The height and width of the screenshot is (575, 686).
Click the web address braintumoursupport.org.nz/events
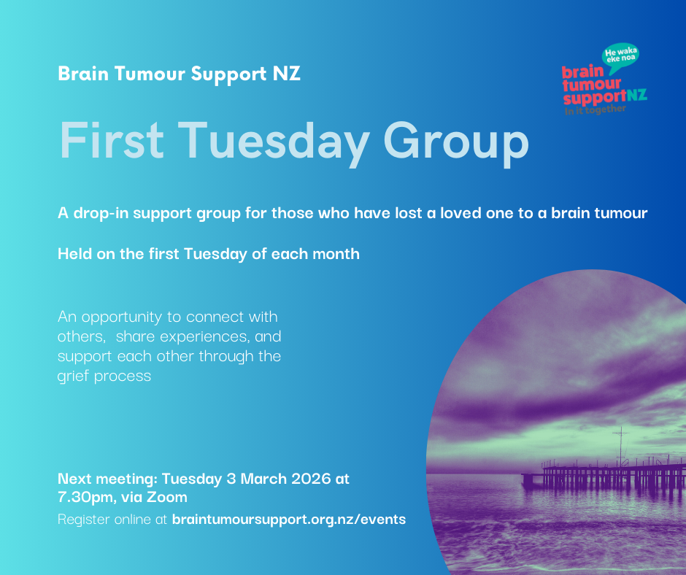click(x=288, y=520)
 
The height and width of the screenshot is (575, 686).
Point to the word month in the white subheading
click(x=336, y=254)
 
